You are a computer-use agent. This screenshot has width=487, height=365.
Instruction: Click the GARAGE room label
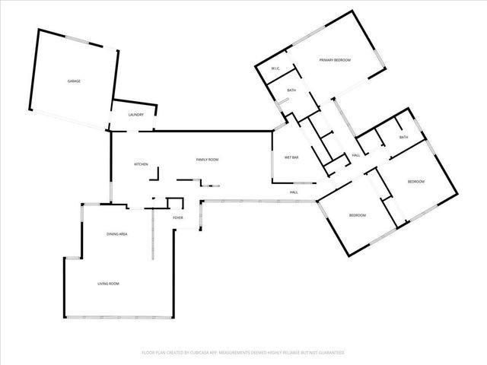[74, 81]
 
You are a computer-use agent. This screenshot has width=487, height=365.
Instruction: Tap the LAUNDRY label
[136, 115]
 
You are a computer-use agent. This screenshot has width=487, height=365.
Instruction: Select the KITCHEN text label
[141, 164]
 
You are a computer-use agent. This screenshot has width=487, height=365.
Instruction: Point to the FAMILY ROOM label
[207, 160]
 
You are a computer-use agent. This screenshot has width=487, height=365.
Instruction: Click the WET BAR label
[291, 157]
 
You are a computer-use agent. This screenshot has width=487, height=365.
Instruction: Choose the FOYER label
[178, 217]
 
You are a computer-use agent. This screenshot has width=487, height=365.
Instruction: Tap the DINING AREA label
[116, 234]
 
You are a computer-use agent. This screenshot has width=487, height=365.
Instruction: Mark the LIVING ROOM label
[108, 284]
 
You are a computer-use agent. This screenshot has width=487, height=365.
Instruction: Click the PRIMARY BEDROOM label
[335, 60]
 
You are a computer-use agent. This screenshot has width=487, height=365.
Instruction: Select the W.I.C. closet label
[276, 69]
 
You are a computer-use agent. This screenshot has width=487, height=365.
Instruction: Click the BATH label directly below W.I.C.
[291, 90]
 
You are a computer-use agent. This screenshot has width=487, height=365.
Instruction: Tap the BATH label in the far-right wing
[403, 137]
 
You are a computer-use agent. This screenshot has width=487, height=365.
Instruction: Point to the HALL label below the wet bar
[294, 192]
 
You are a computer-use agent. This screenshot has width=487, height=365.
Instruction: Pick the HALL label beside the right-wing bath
[355, 156]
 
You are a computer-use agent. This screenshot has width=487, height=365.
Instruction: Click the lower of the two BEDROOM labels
[358, 215]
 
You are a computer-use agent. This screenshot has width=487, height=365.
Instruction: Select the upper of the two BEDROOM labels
[415, 182]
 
